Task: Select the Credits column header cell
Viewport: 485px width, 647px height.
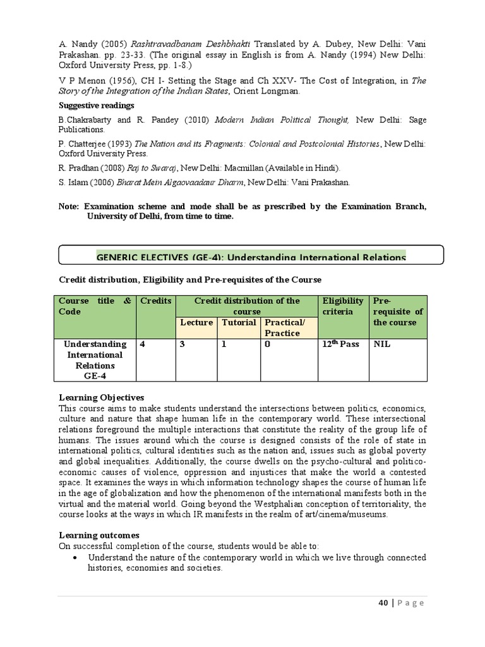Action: click(156, 301)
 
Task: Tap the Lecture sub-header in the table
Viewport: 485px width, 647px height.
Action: click(196, 322)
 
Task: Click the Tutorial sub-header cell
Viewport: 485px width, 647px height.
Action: click(238, 322)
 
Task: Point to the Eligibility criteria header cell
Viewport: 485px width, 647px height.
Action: click(343, 306)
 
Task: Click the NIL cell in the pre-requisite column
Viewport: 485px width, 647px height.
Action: click(383, 344)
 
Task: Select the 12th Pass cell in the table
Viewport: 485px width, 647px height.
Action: click(342, 344)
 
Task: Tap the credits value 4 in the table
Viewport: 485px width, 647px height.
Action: click(143, 344)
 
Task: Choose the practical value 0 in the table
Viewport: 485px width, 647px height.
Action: click(267, 344)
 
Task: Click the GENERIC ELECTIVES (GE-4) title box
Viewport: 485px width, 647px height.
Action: click(251, 256)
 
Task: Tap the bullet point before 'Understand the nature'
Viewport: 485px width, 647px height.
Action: click(76, 558)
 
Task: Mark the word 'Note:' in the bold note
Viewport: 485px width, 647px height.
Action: click(68, 207)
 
